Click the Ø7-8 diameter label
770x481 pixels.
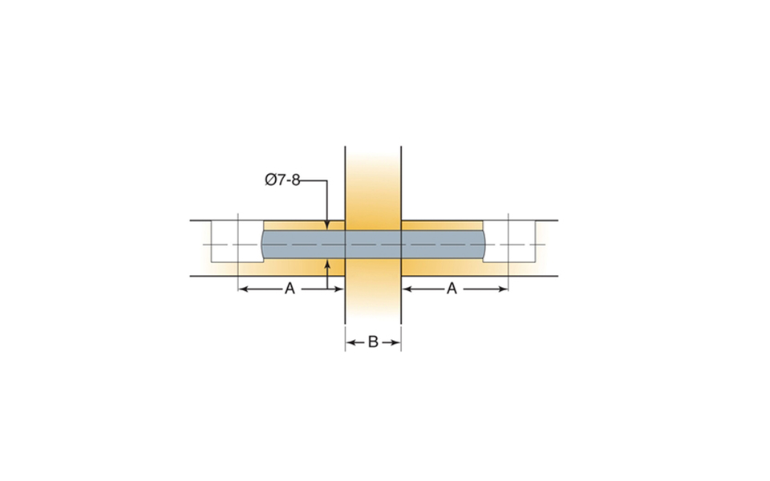(x=282, y=180)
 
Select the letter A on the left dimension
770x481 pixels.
(x=290, y=289)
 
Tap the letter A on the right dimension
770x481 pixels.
(x=452, y=289)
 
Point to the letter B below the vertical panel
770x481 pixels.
(x=373, y=342)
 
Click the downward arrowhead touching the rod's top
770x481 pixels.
(x=327, y=224)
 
